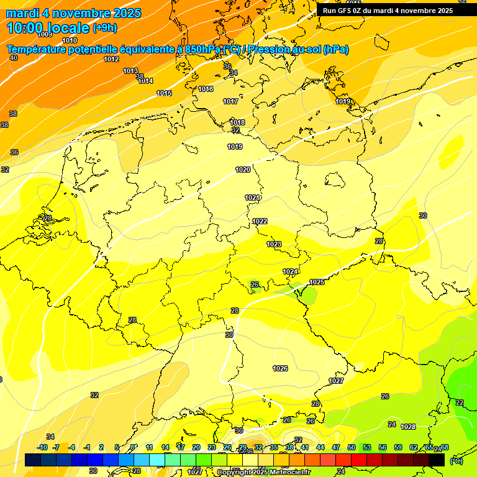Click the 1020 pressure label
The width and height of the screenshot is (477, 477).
click(x=243, y=170)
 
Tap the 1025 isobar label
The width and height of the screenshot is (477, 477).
click(x=317, y=282)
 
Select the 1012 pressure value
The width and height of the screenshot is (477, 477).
click(x=111, y=59)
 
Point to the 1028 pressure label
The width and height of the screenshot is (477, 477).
click(x=408, y=427)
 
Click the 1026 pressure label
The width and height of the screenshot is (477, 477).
click(x=280, y=368)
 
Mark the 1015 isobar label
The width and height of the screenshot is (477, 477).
click(x=164, y=93)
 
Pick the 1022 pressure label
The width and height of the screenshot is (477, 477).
click(x=260, y=221)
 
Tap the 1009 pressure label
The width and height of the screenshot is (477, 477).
click(x=45, y=35)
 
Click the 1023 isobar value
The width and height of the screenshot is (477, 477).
click(x=274, y=244)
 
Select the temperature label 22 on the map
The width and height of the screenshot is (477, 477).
click(x=459, y=402)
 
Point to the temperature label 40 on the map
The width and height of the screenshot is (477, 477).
click(x=14, y=58)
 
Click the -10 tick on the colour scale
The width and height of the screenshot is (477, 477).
click(x=42, y=447)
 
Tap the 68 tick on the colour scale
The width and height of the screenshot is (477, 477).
click(x=445, y=447)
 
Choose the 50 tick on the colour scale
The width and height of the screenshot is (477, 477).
click(x=352, y=447)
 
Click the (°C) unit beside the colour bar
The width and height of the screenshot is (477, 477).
click(x=456, y=461)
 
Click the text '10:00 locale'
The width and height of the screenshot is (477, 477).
click(x=48, y=27)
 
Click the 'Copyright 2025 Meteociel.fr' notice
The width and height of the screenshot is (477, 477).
click(x=263, y=472)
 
